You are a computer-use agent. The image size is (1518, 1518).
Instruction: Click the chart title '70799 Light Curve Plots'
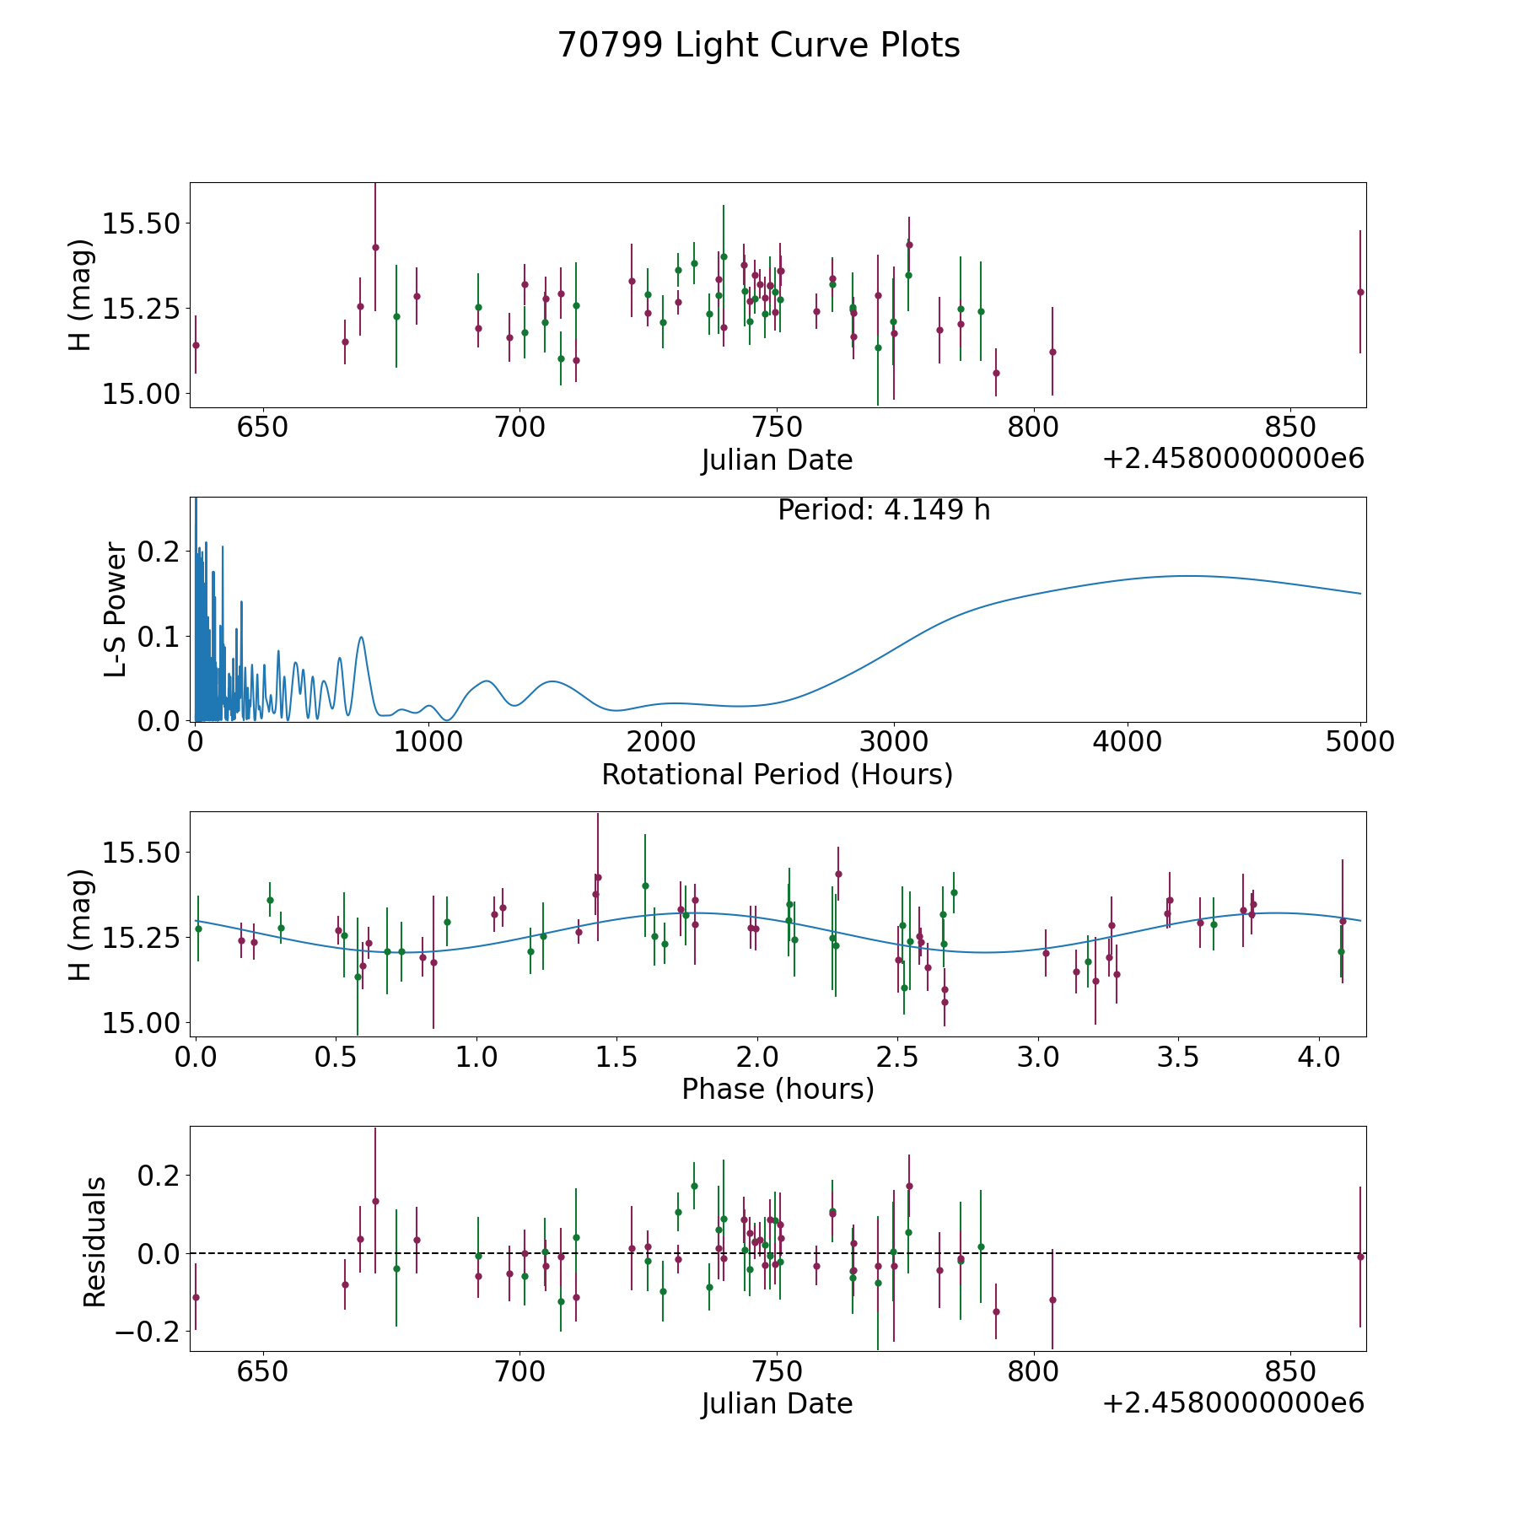758,46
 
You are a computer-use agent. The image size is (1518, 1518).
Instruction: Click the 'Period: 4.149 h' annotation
883,510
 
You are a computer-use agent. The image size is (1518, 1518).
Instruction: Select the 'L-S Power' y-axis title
116,610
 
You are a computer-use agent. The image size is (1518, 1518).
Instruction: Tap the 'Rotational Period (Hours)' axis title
777,774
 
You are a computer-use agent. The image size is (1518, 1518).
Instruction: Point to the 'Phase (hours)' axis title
777,1089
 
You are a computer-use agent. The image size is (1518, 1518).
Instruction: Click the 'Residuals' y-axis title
94,1241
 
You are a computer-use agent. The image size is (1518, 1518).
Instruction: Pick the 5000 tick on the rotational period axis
1360,742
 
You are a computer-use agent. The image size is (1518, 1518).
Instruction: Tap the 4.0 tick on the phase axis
1318,1057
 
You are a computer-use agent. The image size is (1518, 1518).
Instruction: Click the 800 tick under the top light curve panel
1033,428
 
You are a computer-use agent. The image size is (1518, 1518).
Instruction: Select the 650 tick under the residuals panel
262,1371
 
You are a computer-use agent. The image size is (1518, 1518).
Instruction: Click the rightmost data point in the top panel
1359,292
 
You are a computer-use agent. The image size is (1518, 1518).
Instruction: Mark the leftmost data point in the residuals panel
196,1297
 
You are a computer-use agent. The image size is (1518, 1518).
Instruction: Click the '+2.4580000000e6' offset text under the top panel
1233,460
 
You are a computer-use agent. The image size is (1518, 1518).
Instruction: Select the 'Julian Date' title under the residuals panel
777,1403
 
